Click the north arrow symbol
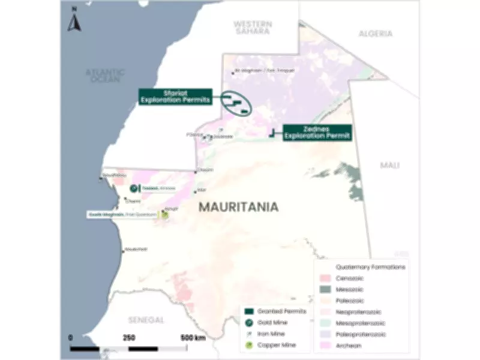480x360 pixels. [74, 20]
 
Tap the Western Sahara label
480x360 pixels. [253, 27]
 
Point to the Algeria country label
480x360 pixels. [376, 34]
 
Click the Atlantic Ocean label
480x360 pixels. [105, 76]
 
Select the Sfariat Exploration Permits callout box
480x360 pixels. [175, 97]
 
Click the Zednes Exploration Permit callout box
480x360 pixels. [317, 132]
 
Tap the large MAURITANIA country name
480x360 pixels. [238, 207]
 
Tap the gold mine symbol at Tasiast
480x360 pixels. [133, 188]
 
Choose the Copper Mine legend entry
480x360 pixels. [274, 345]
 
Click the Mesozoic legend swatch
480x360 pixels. [326, 289]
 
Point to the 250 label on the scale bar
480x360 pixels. [129, 337]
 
